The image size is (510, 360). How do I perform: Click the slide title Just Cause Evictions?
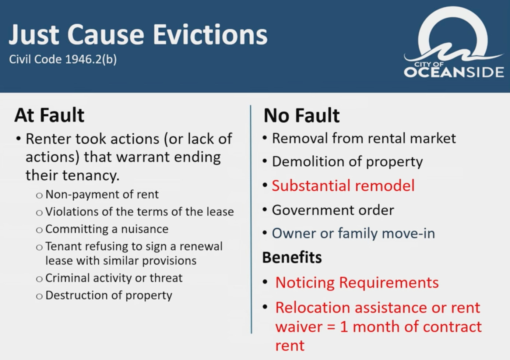[138, 35]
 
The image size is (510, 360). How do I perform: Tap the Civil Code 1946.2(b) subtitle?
[63, 60]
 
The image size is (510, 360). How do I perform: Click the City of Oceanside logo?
[454, 42]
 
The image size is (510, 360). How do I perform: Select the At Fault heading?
[49, 115]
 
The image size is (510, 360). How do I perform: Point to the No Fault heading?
[302, 115]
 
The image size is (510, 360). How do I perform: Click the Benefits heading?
[292, 257]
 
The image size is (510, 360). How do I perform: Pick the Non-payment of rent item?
[102, 195]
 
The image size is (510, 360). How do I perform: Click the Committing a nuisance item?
[107, 229]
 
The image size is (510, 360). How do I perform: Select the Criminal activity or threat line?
[114, 278]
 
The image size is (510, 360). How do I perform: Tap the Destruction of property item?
[109, 295]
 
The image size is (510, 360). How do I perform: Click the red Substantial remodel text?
[343, 186]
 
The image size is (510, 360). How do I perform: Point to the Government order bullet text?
[333, 210]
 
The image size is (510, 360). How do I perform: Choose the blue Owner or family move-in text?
[354, 234]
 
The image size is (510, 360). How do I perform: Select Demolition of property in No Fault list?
[347, 162]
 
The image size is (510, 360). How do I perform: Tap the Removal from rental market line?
[364, 138]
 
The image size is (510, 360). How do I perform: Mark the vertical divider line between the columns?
[251, 219]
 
